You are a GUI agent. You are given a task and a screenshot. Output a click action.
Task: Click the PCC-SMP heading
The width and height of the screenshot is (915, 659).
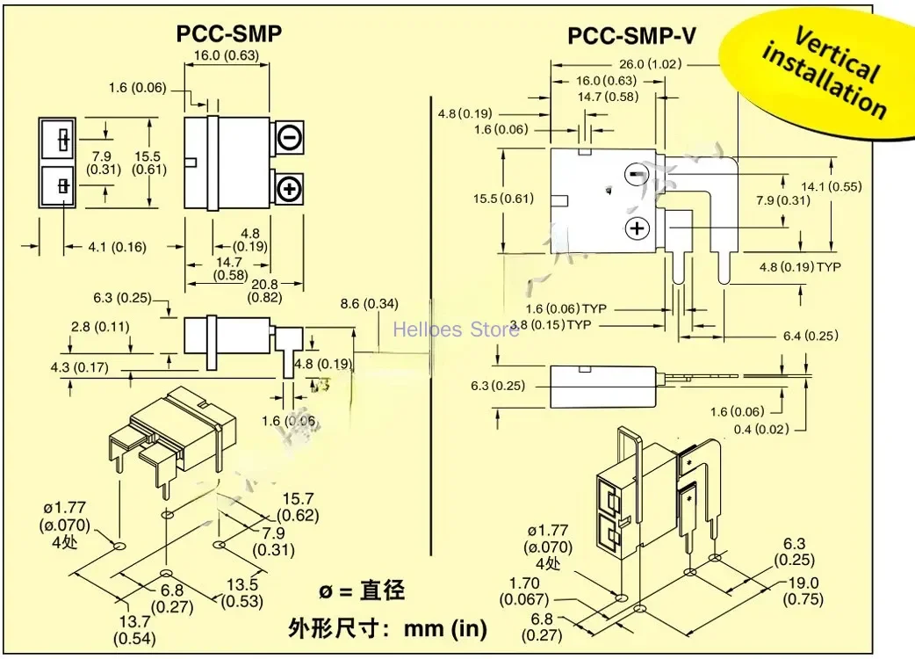click(x=229, y=33)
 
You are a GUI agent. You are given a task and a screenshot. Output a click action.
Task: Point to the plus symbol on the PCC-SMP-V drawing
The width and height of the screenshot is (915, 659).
click(x=636, y=229)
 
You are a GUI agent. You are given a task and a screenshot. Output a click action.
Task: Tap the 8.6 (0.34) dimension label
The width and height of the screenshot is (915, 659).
click(x=369, y=304)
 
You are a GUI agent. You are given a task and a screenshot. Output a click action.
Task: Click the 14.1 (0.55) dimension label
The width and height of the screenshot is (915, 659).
click(x=869, y=186)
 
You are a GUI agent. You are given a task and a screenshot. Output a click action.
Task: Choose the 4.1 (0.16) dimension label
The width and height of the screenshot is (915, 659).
click(x=117, y=246)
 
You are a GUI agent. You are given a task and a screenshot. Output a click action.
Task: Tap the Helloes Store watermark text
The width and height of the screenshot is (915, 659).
click(x=456, y=330)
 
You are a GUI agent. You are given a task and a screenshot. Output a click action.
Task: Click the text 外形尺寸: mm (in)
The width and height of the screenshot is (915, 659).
click(x=387, y=627)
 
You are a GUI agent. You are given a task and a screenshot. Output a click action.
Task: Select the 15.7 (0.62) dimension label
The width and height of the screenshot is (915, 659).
click(x=298, y=507)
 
